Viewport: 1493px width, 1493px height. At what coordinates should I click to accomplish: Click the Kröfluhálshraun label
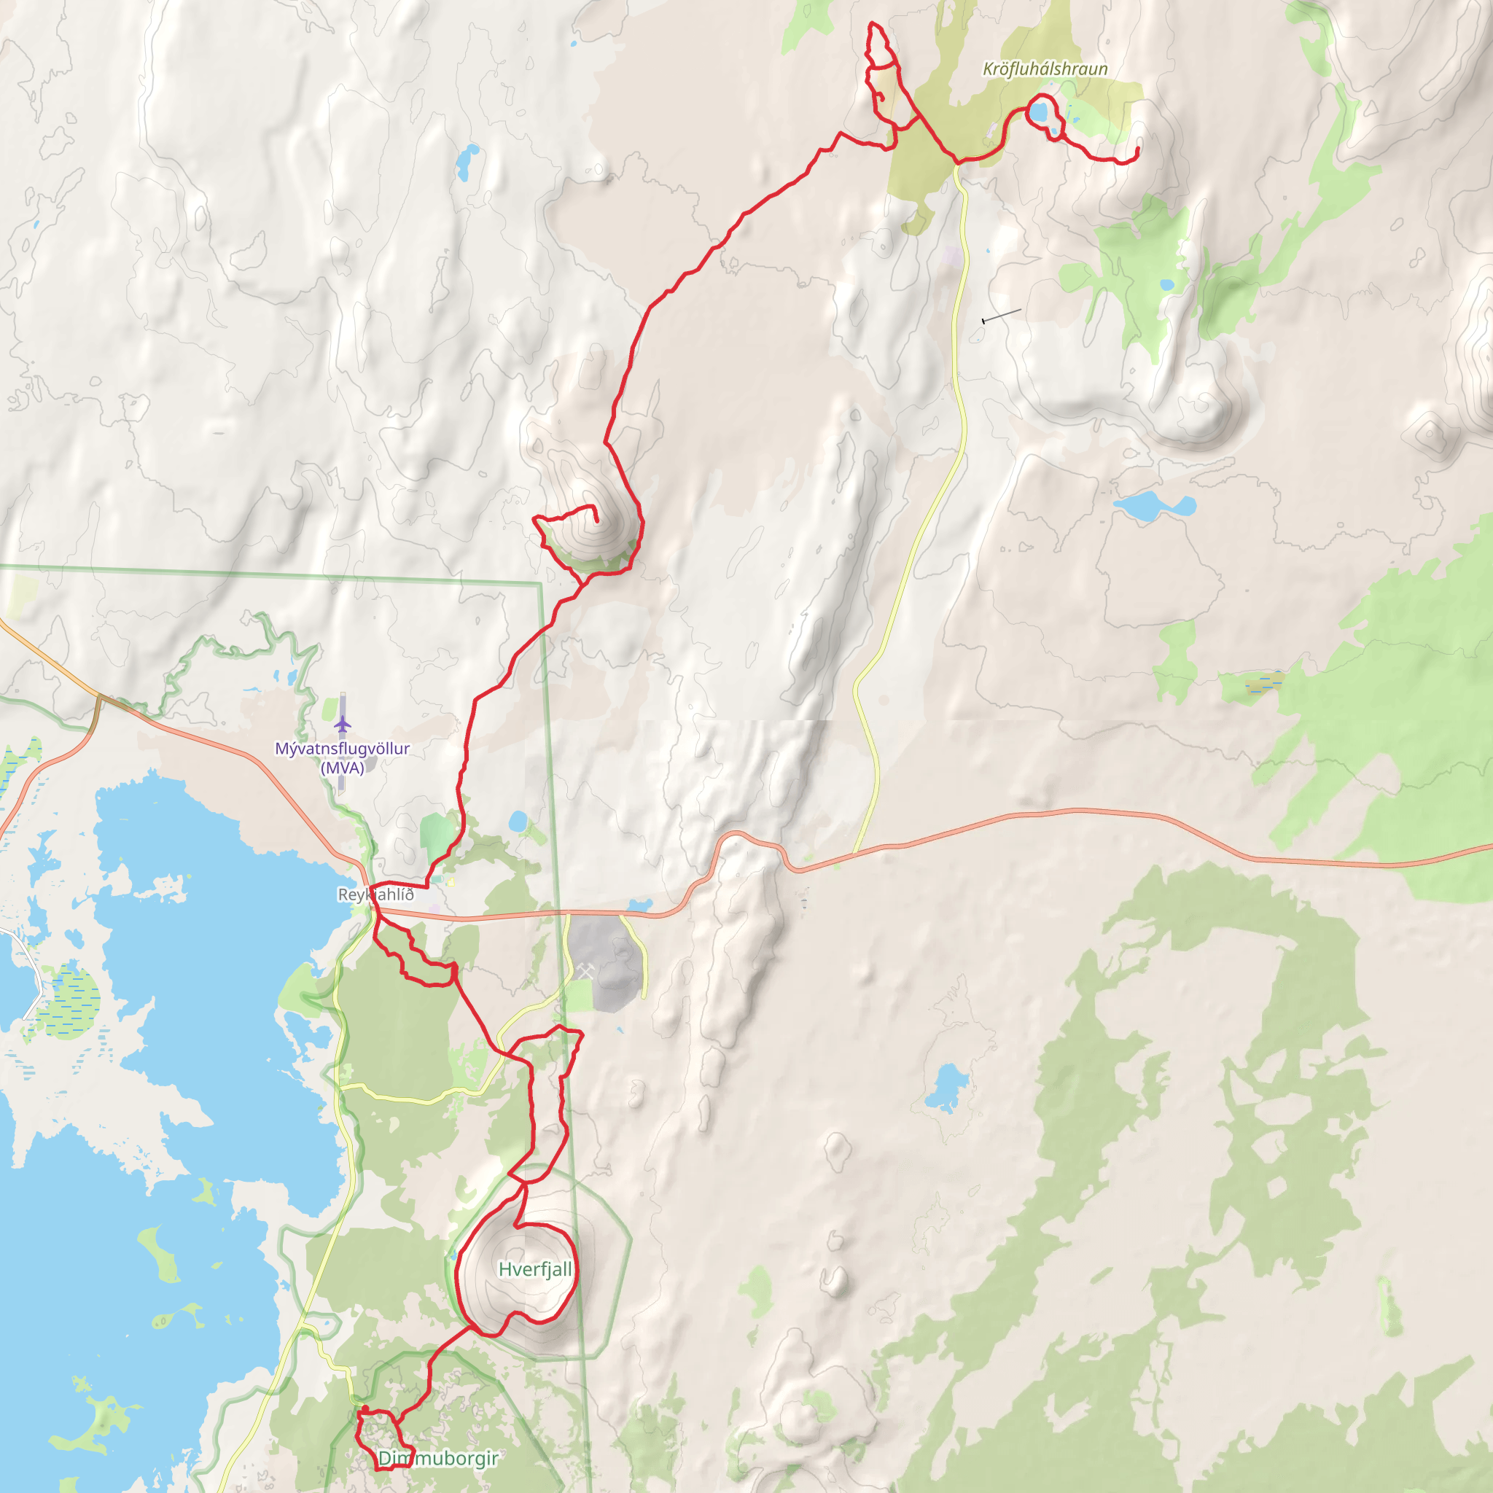coord(1045,69)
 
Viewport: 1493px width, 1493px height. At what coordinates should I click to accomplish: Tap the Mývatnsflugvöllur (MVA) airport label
coord(343,757)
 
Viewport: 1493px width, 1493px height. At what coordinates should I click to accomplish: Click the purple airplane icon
coord(343,724)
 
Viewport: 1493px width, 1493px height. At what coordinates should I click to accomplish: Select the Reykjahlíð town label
coord(375,894)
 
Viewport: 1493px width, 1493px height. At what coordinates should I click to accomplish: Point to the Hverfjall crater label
coord(535,1269)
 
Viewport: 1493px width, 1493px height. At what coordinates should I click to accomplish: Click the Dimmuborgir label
coord(437,1458)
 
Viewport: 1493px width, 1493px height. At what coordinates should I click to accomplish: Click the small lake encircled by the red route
coord(1038,113)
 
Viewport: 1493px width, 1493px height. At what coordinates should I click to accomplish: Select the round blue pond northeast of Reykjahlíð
coord(518,821)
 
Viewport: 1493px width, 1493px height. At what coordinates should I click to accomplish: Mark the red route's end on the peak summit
coord(596,522)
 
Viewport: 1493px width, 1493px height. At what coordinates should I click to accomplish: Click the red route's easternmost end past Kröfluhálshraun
coord(1137,149)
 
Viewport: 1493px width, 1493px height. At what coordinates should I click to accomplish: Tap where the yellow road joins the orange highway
coord(854,852)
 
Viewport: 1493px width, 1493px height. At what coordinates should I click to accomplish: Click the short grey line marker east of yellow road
coord(1002,315)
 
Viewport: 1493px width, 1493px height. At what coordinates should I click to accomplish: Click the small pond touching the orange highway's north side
coord(640,905)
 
